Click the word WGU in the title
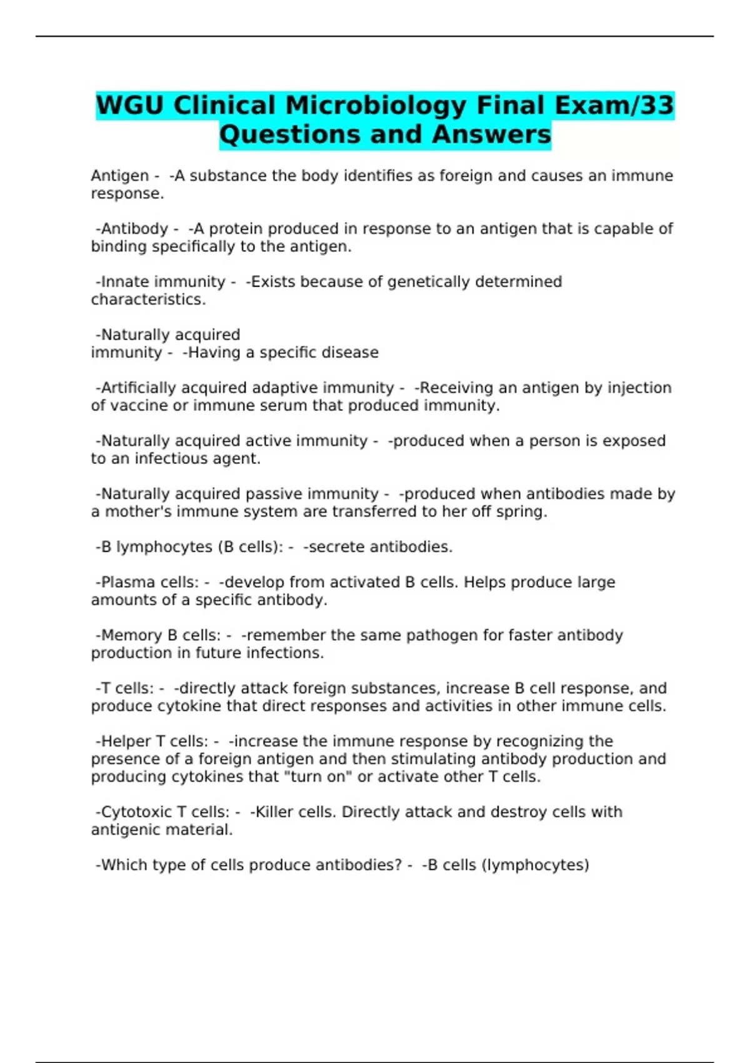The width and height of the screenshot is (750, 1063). [x=130, y=105]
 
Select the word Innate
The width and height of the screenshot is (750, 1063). [x=124, y=282]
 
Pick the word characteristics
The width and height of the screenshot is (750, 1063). [x=148, y=300]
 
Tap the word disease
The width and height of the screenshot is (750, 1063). [x=351, y=353]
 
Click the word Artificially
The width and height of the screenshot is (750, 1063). [x=144, y=388]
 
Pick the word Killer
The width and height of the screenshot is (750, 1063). [x=274, y=812]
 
